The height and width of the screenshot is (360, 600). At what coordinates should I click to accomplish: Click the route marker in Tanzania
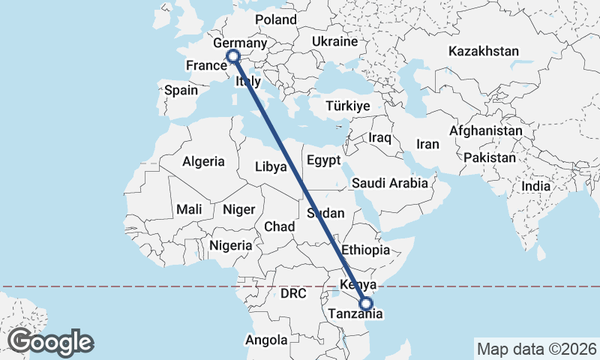366,304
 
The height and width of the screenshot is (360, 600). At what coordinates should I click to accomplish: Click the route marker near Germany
232,55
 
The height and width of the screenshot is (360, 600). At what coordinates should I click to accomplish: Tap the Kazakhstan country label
484,52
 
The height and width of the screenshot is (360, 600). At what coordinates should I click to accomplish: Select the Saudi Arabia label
389,183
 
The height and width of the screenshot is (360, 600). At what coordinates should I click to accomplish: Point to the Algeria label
203,161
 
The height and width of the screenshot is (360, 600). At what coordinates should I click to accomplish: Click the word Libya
271,166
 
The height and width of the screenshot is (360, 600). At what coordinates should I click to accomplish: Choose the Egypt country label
323,160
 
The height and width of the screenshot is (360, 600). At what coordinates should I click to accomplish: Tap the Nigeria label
230,245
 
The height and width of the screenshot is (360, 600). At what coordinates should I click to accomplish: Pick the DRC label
293,294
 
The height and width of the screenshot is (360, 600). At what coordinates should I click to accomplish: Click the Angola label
265,340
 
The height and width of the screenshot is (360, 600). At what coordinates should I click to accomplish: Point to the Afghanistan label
485,130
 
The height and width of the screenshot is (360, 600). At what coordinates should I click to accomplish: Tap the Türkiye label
348,106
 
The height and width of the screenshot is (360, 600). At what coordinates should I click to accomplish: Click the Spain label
181,91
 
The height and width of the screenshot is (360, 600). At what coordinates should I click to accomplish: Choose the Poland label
275,19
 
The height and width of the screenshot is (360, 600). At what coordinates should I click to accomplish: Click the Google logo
51,342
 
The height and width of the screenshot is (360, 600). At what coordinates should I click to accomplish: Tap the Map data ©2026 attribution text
537,349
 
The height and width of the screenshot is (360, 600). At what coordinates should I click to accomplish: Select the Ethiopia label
365,250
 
